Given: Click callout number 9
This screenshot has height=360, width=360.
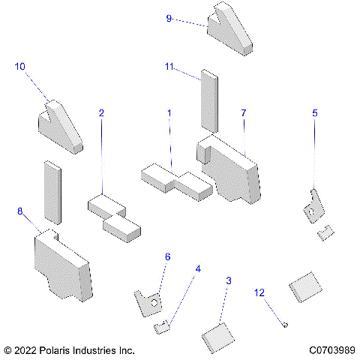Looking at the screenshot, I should click(169, 17).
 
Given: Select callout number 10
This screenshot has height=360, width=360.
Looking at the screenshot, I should click(20, 67).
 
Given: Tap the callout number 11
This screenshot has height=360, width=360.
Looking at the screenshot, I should click(169, 67).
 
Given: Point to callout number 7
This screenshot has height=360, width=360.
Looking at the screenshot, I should click(243, 112).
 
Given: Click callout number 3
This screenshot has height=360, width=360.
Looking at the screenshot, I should click(228, 280).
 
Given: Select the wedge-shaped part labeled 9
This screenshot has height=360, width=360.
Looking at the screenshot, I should click(233, 31).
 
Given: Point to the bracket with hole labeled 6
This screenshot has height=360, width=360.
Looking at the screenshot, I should click(149, 301).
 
